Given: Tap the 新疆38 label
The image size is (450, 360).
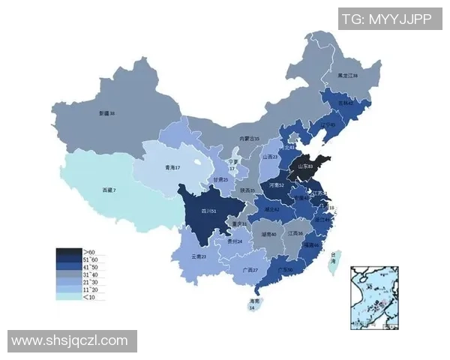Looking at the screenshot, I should point(108,113).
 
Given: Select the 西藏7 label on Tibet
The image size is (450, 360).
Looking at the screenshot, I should point(109,190).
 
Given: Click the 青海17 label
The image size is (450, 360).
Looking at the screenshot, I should point(173,167).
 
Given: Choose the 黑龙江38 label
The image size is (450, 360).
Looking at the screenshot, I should point(346,76).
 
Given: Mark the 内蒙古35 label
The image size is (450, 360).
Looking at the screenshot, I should point(249,139).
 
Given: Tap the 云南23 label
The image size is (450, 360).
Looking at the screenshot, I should point(199,256).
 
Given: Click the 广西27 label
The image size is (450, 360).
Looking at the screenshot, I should point(250,269).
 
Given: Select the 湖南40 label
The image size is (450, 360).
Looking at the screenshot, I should point(268,234).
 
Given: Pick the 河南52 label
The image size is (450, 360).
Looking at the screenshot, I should point(276,184).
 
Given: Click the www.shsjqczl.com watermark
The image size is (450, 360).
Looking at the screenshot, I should point(72,340).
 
